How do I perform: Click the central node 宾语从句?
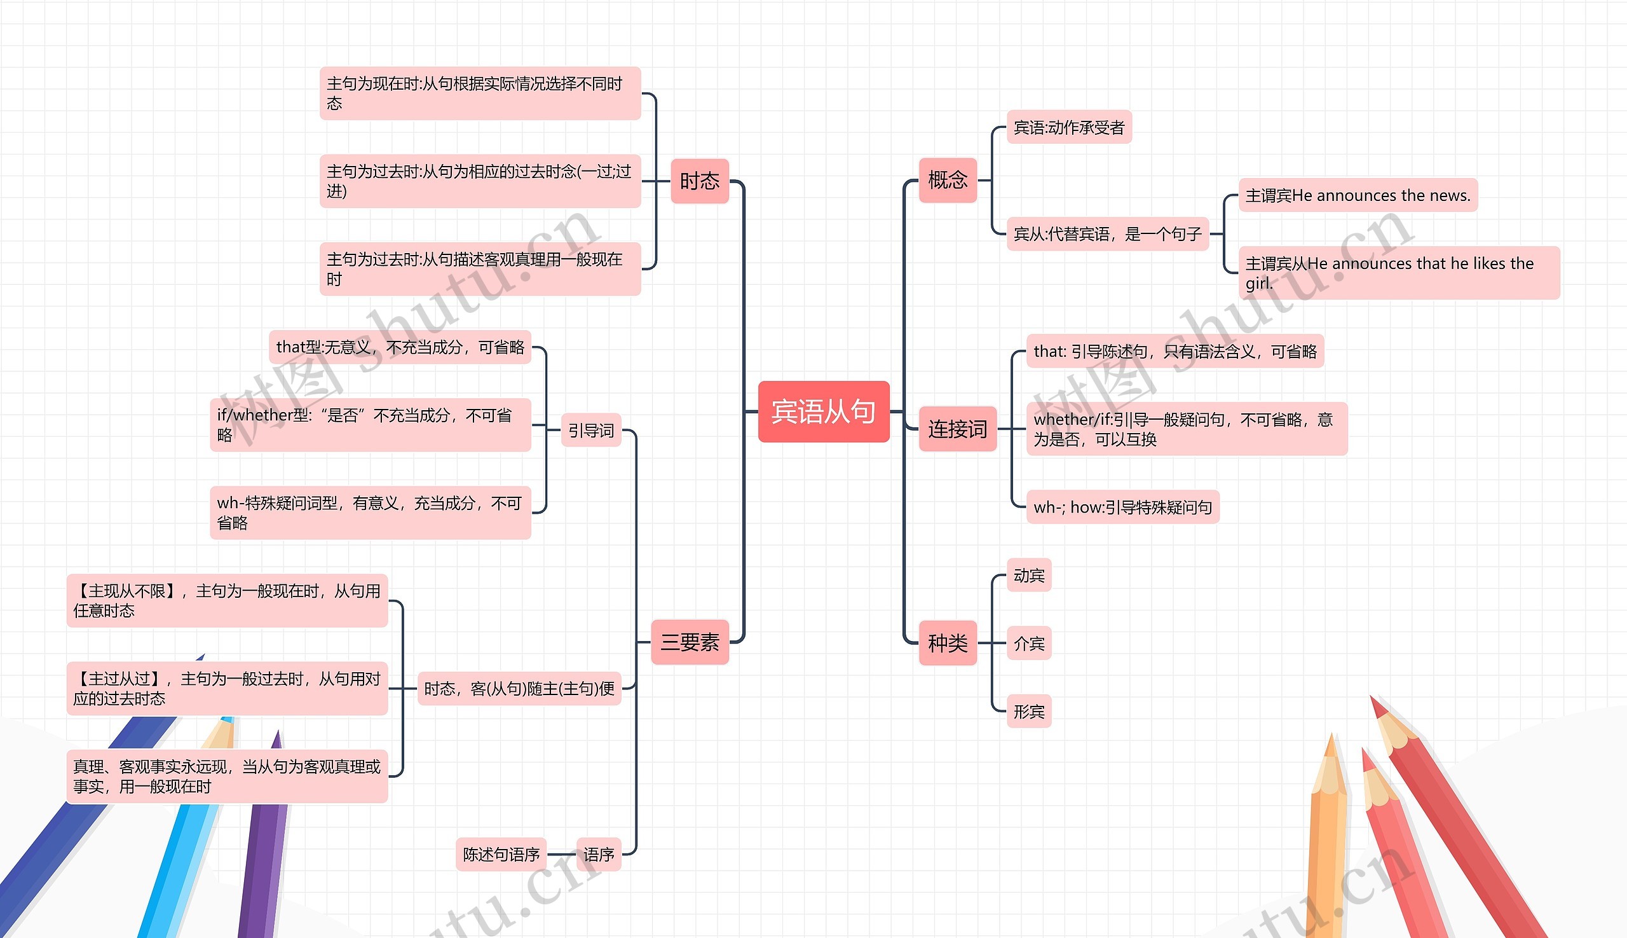(x=823, y=411)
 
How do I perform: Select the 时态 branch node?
(x=699, y=181)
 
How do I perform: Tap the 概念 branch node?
(x=947, y=180)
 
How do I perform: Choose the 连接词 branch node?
(x=956, y=429)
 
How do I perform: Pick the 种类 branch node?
(x=947, y=643)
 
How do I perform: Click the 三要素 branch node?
(x=690, y=642)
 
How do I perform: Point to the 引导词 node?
(x=590, y=431)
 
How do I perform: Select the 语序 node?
(x=598, y=855)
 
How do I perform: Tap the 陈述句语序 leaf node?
(x=501, y=855)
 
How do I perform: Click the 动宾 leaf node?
(x=1028, y=576)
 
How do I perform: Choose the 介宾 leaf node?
(x=1028, y=644)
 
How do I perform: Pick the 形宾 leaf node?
(x=1028, y=712)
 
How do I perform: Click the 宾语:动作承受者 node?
(x=1068, y=128)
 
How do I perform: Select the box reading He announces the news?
(x=1358, y=195)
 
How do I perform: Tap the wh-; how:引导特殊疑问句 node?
(x=1122, y=507)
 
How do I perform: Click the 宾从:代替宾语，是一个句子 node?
(x=1106, y=235)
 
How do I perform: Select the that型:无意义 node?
(x=400, y=348)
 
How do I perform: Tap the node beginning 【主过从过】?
(x=227, y=689)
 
